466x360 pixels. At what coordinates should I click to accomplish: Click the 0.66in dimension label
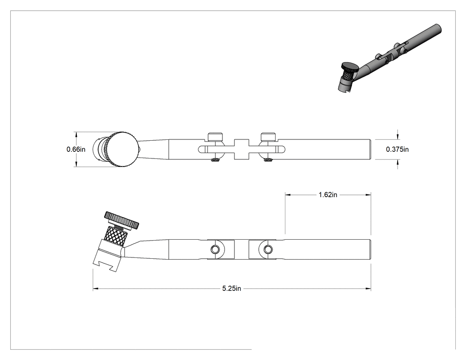[76, 149]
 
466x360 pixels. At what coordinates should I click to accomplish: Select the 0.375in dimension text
[397, 149]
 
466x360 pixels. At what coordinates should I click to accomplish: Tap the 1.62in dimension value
[328, 195]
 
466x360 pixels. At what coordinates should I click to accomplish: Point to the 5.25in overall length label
[232, 289]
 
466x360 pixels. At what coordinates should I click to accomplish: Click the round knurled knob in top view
[122, 149]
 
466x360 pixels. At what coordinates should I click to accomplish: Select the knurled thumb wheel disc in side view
[122, 220]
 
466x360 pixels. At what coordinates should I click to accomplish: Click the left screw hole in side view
[215, 249]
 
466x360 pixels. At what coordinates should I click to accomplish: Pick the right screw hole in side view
[268, 249]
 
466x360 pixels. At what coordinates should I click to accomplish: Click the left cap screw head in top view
[215, 136]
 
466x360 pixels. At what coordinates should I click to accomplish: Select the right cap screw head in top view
[268, 136]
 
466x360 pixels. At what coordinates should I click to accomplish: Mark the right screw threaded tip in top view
[268, 160]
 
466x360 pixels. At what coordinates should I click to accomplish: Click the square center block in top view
[241, 149]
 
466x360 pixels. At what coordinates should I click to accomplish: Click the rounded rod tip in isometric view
[438, 28]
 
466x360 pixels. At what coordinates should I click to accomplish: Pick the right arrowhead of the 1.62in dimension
[368, 195]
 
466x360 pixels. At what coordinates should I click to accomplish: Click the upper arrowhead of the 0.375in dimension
[397, 137]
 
